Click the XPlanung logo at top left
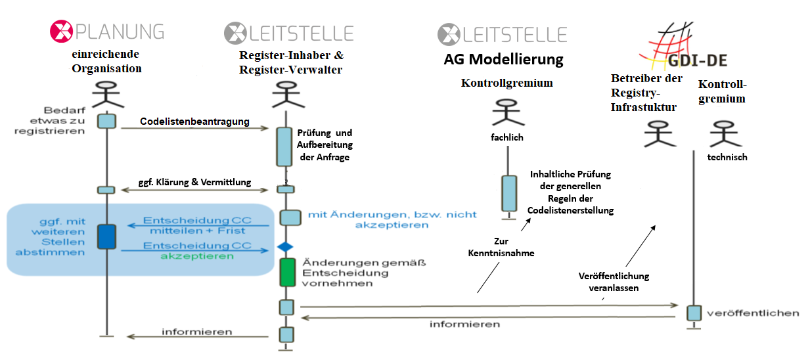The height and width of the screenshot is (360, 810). tap(107, 32)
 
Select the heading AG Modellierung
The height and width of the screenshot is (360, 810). tap(503, 59)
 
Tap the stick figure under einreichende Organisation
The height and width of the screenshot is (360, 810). tap(106, 95)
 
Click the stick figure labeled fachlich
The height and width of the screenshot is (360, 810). tap(508, 114)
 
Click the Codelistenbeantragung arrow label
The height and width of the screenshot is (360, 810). tap(194, 122)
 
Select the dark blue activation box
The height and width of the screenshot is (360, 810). tap(106, 236)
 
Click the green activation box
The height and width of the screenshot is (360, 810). tap(287, 272)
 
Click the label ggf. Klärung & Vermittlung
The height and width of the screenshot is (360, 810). tap(194, 182)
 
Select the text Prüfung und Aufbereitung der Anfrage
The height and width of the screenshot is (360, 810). tap(325, 145)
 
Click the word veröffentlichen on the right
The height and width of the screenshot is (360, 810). tap(753, 313)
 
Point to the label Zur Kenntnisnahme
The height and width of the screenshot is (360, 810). tap(501, 247)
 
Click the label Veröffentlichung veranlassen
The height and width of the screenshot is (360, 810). tap(614, 281)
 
